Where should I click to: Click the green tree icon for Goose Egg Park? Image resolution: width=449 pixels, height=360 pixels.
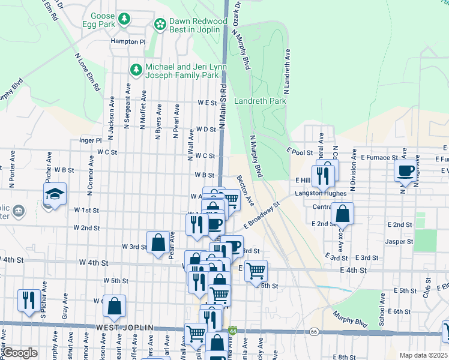124,19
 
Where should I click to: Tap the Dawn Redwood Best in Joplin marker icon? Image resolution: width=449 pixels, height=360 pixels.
160,24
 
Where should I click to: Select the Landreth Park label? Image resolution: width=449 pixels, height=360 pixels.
260,101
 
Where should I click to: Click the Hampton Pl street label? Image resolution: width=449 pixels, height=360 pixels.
128,42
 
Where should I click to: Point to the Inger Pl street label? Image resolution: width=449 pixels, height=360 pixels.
91,140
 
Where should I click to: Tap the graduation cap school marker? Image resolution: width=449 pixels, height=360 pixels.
55,194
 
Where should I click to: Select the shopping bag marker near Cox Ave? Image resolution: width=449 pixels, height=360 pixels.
342,213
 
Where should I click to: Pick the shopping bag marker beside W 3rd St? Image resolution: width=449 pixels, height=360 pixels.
158,243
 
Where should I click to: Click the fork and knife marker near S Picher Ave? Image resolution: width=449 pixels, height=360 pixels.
29,300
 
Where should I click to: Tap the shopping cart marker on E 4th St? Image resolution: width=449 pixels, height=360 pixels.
256,271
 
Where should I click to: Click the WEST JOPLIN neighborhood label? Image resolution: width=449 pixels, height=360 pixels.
124,328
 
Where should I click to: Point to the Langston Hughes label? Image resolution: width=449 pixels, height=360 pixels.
320,194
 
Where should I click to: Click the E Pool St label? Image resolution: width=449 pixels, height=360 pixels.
300,152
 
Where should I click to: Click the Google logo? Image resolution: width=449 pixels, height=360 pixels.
20,353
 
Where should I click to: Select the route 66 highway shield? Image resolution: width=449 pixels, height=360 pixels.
313,331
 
